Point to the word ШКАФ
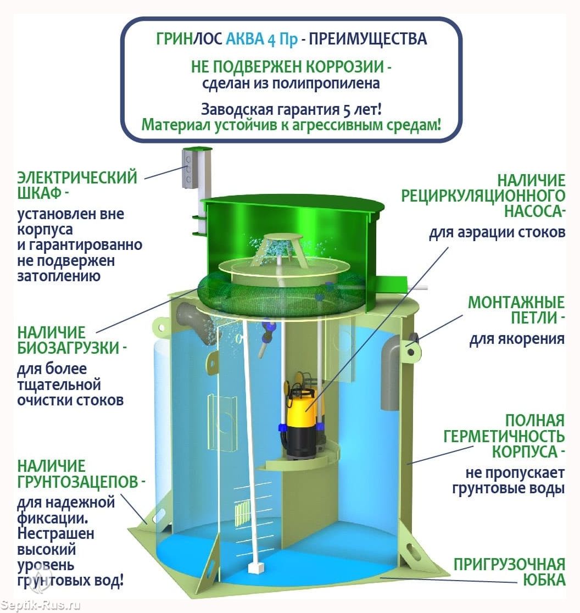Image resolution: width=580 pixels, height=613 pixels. [x=40, y=193]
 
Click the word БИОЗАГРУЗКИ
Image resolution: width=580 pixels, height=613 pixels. [x=68, y=348]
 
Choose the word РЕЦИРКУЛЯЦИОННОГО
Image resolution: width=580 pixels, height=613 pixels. [x=483, y=196]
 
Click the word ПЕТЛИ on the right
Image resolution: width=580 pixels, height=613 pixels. [x=534, y=317]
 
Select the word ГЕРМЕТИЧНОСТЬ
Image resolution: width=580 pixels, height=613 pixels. [x=504, y=436]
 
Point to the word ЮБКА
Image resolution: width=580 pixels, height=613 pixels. [x=544, y=580]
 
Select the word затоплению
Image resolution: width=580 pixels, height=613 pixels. [x=59, y=276]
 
